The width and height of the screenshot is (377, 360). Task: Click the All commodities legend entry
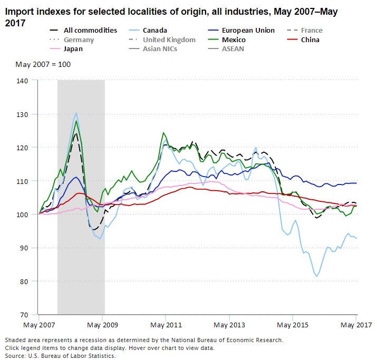[90, 31]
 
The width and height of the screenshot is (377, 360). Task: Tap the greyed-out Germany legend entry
[80, 40]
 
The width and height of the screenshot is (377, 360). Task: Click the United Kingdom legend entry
[169, 40]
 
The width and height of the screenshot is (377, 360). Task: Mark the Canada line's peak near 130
[76, 113]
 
